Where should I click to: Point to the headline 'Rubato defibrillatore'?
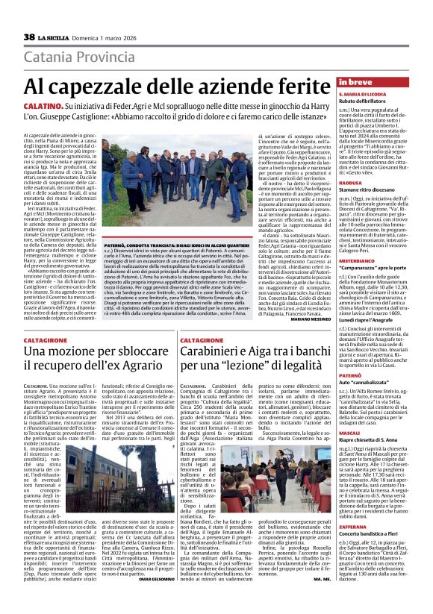pos(366,101)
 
